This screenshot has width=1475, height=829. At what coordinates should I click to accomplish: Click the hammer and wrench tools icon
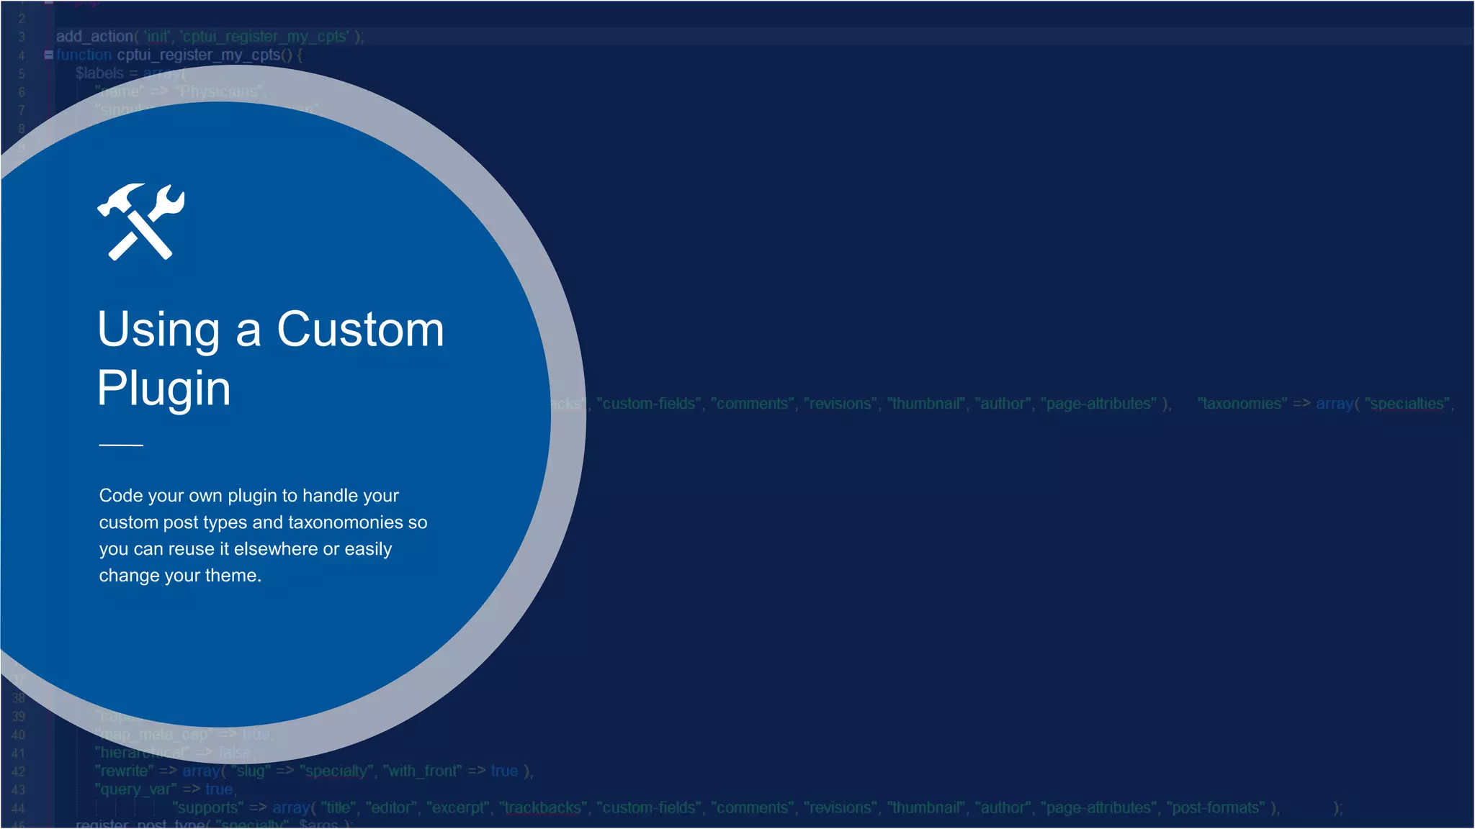[x=141, y=222]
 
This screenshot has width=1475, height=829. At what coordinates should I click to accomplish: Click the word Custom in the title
[x=360, y=330]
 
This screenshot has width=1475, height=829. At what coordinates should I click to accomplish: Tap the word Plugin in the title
[x=163, y=389]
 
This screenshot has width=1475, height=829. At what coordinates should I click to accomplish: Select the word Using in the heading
[x=158, y=330]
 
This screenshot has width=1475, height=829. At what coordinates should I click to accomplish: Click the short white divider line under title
[x=121, y=445]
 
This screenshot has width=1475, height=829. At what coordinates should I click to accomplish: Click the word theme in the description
[x=232, y=576]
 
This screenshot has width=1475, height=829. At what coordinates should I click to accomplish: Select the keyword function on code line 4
[x=84, y=55]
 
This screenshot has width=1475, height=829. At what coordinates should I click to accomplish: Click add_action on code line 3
[x=94, y=36]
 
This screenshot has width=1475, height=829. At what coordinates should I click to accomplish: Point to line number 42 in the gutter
[x=19, y=771]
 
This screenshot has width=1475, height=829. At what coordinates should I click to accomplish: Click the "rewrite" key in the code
[x=124, y=771]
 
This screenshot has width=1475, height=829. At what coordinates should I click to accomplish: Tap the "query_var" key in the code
[x=135, y=789]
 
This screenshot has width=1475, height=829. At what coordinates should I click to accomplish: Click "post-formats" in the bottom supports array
[x=1215, y=807]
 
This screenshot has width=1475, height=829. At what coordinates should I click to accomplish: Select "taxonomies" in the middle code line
[x=1242, y=404]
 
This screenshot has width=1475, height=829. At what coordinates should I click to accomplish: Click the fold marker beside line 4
[x=48, y=55]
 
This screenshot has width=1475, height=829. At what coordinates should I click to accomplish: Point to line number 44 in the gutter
[x=19, y=808]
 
